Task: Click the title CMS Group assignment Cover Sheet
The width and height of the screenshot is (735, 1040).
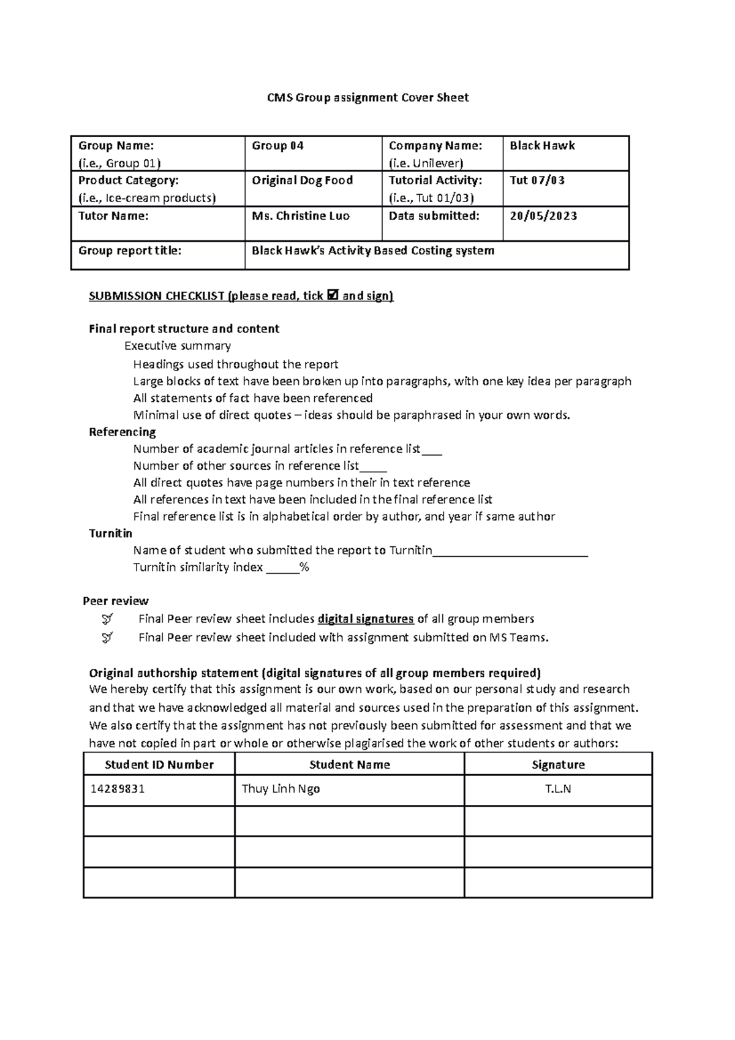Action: (367, 97)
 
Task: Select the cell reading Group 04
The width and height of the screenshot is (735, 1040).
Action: (277, 146)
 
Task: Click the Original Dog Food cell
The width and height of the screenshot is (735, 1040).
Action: (302, 181)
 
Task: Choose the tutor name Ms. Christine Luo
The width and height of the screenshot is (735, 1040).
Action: (300, 216)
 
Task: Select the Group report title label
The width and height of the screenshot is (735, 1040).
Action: (129, 251)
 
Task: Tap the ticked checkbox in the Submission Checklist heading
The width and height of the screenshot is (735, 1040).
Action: (333, 296)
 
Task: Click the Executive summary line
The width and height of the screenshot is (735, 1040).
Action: (177, 346)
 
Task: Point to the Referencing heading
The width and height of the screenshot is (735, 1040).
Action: (123, 432)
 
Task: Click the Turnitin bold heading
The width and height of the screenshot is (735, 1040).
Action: (110, 533)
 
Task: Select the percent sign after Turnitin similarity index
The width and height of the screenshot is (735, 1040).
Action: (304, 568)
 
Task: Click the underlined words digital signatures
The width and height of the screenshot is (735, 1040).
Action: (366, 619)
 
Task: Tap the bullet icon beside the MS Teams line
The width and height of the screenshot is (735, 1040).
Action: (107, 638)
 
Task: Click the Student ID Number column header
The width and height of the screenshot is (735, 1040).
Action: (159, 764)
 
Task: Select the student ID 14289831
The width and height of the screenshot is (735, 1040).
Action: (117, 789)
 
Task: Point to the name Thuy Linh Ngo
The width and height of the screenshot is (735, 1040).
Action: (281, 789)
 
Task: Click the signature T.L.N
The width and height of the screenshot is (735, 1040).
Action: (557, 789)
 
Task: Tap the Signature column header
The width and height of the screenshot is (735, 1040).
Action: (557, 764)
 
